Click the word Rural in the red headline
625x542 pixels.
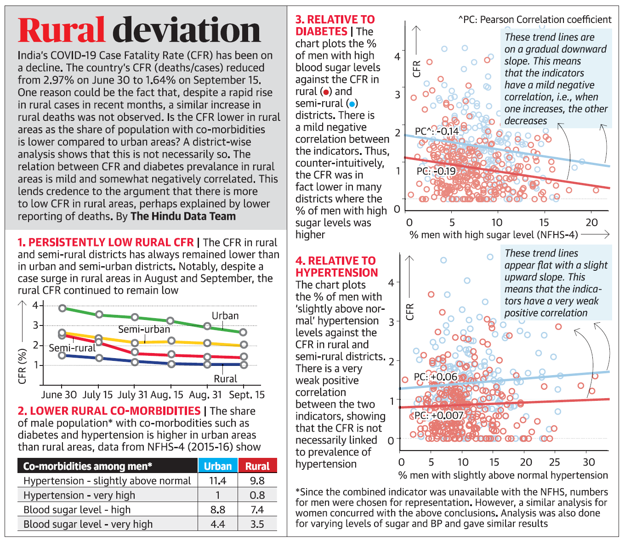click(62, 30)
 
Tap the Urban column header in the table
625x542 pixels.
click(217, 466)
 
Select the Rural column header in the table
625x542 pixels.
click(257, 466)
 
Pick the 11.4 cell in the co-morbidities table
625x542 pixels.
click(217, 481)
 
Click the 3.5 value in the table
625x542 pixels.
click(257, 524)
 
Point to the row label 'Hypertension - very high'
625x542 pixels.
click(79, 495)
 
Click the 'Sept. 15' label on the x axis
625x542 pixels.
click(247, 395)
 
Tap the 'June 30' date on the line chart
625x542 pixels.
click(59, 395)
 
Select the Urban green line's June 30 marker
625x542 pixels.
click(62, 308)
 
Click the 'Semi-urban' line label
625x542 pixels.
click(144, 329)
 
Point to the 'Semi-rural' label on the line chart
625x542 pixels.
click(72, 348)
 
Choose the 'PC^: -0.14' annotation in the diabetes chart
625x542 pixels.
click(437, 131)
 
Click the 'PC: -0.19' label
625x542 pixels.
click(436, 171)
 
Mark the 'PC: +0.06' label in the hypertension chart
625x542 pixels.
click(436, 377)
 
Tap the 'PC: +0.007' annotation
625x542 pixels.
click(439, 416)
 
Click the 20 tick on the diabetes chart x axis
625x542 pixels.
click(591, 223)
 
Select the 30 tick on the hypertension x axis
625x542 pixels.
click(589, 462)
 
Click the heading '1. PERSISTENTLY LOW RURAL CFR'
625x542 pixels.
click(106, 243)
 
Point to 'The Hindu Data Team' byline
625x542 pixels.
click(183, 217)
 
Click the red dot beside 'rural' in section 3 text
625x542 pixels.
click(326, 92)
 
